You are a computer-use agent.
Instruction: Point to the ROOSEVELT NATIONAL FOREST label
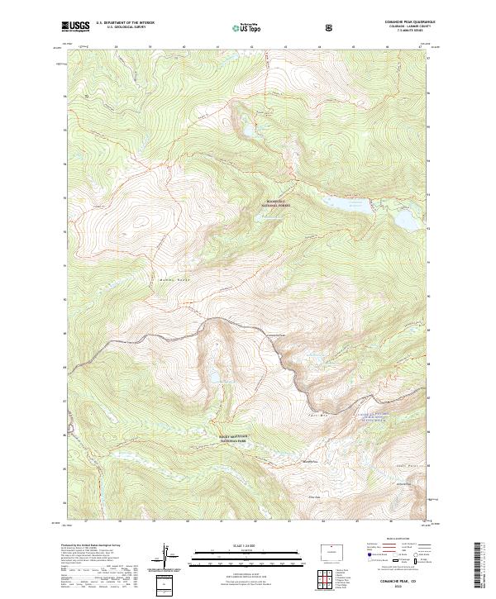tap(276, 202)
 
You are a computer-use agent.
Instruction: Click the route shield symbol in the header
tap(331, 26)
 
